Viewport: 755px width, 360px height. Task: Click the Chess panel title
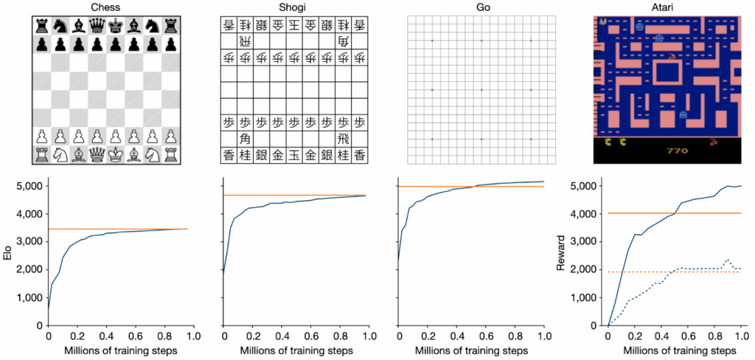107,7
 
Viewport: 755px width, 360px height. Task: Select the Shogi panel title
293,7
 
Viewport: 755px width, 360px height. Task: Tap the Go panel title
481,7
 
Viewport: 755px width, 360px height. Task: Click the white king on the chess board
116,154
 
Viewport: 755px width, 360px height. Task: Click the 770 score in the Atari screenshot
677,151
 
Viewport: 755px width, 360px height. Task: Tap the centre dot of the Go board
481,90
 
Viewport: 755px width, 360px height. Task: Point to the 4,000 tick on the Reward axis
588,213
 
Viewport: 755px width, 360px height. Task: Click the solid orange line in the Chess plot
118,229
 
